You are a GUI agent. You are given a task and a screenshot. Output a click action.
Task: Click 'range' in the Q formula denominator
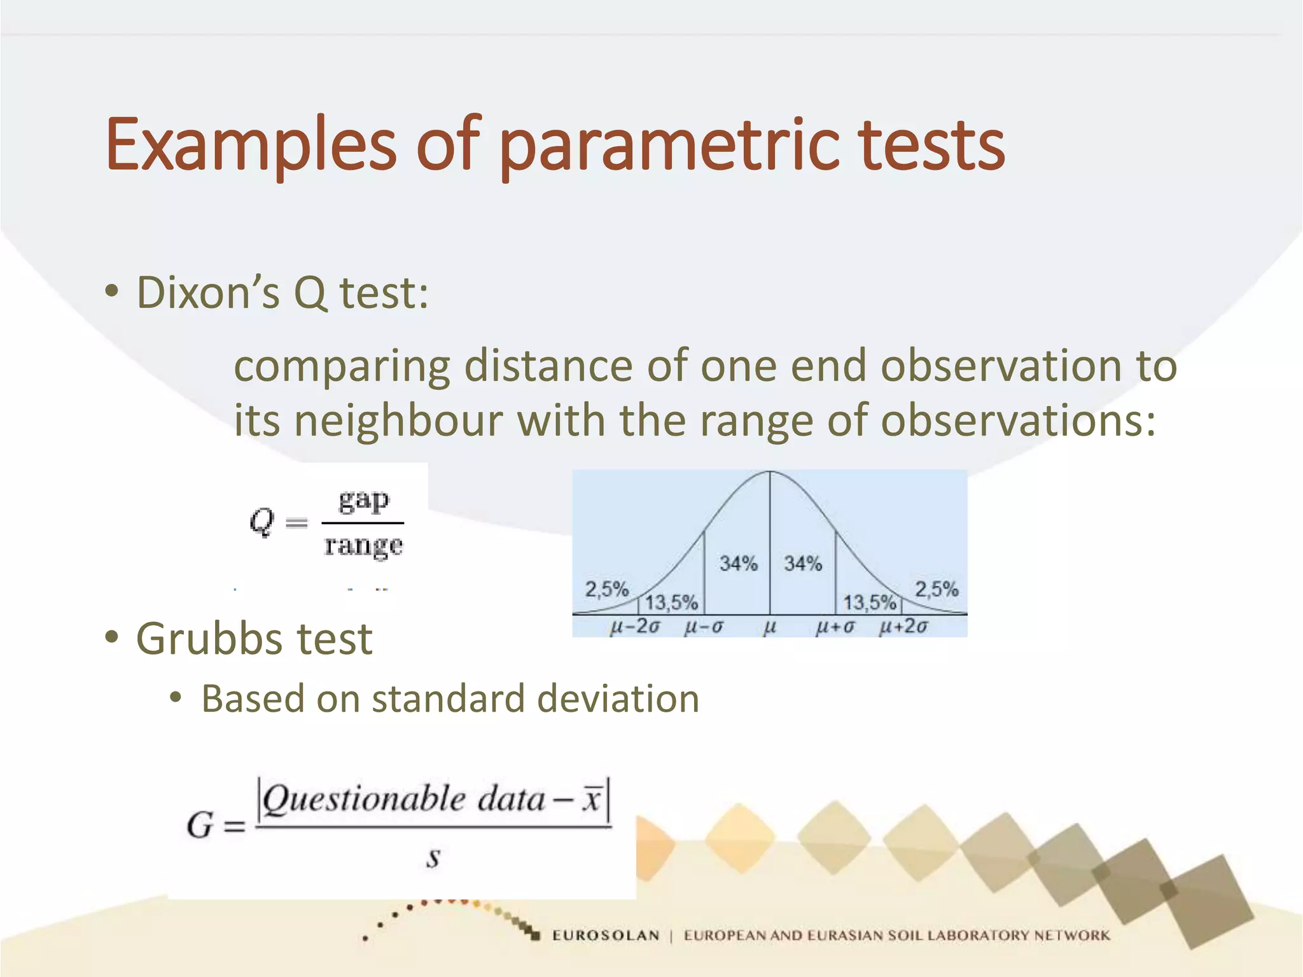(x=363, y=546)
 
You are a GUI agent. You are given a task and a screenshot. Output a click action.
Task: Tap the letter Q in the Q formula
(x=261, y=522)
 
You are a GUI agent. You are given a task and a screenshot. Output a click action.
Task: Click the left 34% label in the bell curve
(x=738, y=564)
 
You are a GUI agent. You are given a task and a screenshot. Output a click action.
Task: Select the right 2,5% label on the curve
(x=936, y=589)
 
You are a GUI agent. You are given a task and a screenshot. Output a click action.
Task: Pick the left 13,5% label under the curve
(x=671, y=602)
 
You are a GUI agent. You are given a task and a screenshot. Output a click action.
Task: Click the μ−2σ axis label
(x=634, y=627)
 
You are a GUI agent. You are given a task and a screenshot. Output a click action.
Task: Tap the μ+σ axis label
(x=835, y=627)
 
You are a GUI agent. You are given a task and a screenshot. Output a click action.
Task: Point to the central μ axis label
(x=769, y=627)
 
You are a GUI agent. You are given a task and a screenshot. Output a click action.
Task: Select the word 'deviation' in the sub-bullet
(x=618, y=699)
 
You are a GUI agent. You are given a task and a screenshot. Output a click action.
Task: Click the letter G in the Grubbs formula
(x=200, y=826)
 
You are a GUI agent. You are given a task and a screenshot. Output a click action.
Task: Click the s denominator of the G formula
(x=433, y=857)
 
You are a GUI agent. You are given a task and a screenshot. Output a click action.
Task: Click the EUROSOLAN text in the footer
(x=605, y=936)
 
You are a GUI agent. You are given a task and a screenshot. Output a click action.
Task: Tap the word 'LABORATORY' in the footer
(x=978, y=936)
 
